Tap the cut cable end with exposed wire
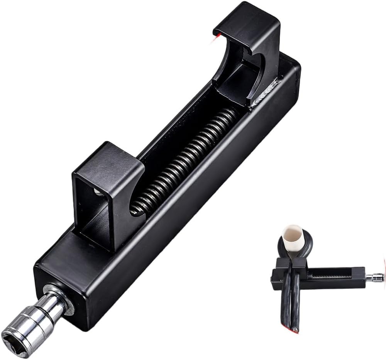(295, 330)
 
